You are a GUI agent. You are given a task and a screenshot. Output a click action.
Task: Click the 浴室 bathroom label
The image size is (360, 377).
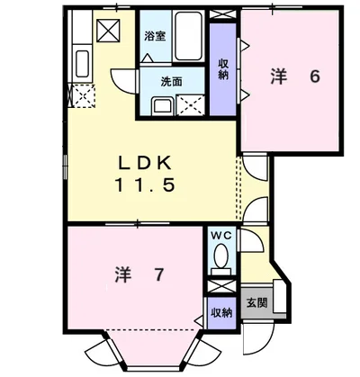(x=155, y=36)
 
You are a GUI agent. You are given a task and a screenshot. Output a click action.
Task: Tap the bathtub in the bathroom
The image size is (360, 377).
(x=188, y=36)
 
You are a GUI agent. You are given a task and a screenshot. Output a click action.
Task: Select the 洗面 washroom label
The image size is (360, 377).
(x=172, y=81)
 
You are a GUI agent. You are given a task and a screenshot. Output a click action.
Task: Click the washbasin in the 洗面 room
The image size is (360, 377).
(x=162, y=106)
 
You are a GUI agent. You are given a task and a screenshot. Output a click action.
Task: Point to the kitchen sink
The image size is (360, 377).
(x=82, y=63)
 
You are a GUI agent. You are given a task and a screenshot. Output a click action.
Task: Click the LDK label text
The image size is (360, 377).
(x=145, y=163)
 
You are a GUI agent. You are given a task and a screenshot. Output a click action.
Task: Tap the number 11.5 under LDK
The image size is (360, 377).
(x=145, y=184)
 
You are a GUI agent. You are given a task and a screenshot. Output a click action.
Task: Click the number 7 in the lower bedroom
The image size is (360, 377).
(x=159, y=274)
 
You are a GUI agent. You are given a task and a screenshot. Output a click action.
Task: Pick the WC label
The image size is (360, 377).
(x=221, y=236)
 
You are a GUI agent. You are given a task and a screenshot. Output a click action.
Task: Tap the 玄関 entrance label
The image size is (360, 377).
(x=256, y=302)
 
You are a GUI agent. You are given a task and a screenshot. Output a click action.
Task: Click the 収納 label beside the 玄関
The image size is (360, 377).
(x=221, y=313)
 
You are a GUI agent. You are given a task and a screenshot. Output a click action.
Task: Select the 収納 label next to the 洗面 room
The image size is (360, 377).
(x=223, y=69)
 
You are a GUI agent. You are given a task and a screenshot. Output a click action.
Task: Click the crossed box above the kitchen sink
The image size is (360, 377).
(x=108, y=30)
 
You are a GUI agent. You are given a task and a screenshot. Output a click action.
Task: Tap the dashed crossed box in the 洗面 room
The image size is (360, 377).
(x=191, y=104)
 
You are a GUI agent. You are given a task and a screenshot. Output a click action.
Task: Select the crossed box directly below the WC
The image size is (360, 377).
(x=222, y=286)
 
